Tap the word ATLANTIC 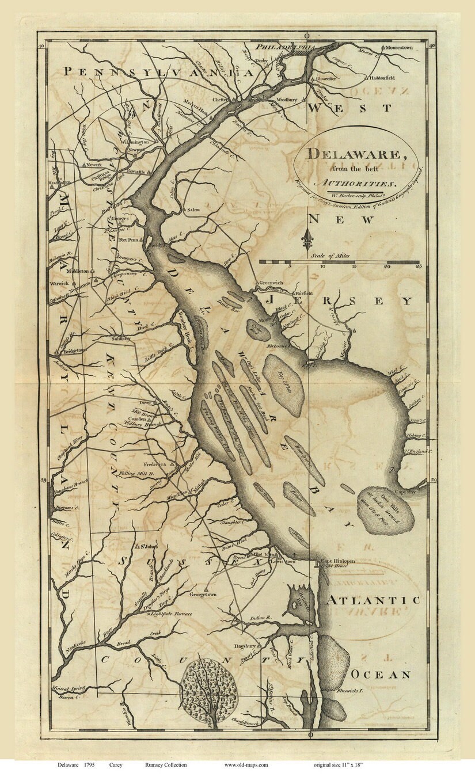pos(373,600)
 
